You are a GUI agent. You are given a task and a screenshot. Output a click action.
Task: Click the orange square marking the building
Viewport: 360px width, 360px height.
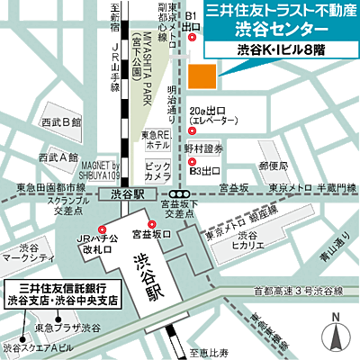point(203,76)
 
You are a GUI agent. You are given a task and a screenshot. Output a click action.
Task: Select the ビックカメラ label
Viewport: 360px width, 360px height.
point(157,171)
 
